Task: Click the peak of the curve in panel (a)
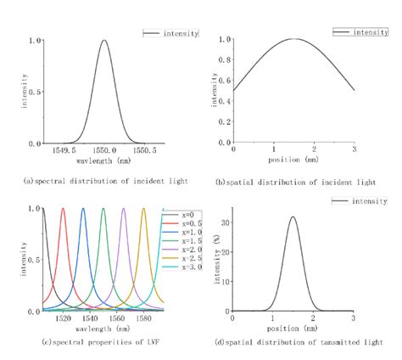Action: [104, 40]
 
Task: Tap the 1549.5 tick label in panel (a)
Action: [64, 151]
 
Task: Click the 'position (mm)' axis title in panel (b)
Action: [293, 159]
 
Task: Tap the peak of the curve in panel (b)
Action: [293, 39]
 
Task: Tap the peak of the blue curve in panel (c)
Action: [83, 209]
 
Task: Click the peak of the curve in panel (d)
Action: [293, 217]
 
